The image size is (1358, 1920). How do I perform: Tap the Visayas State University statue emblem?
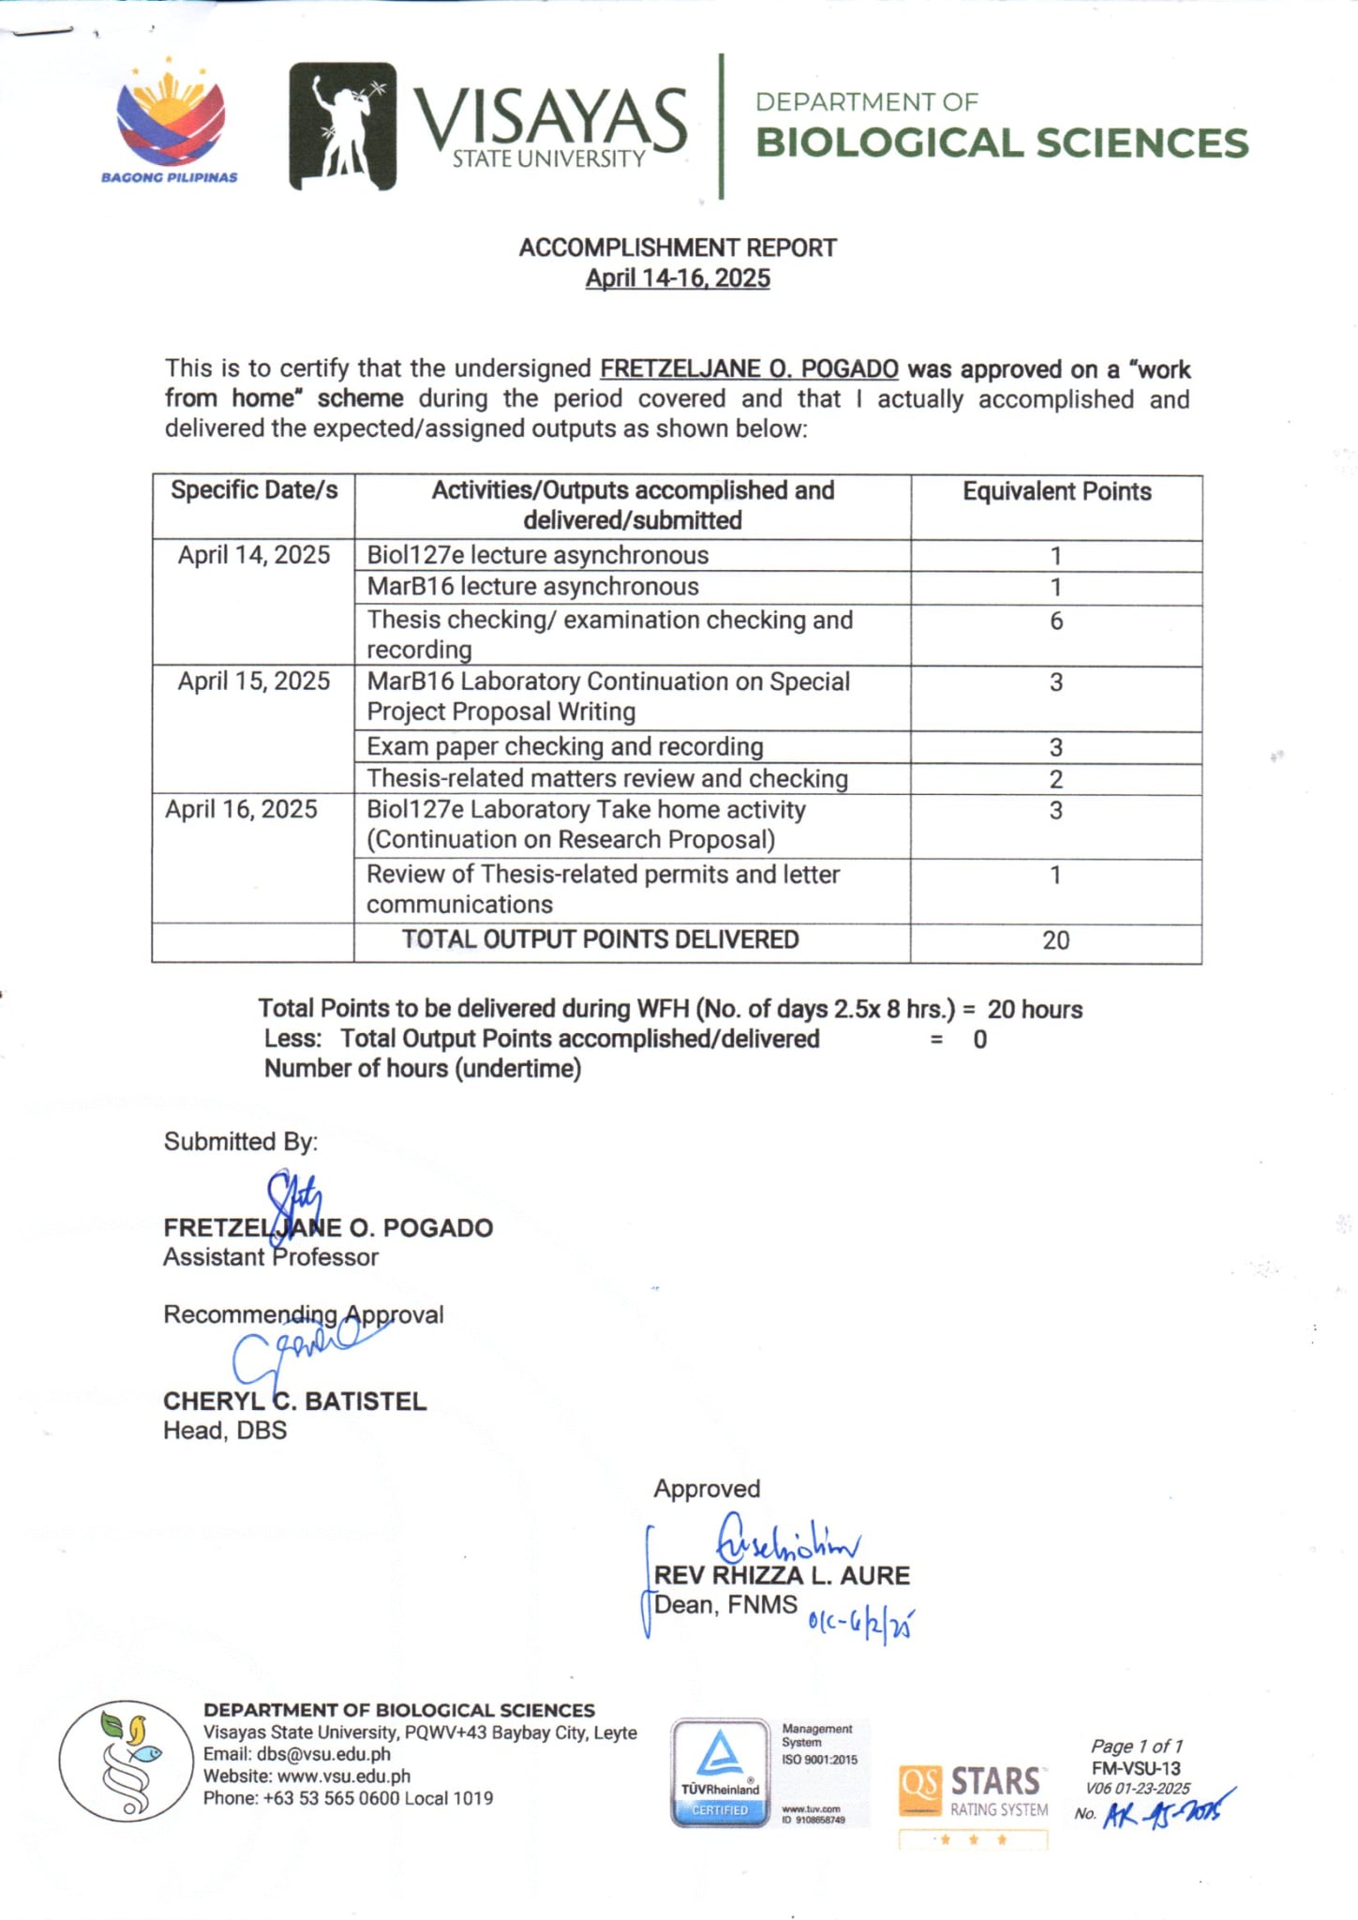coord(342,126)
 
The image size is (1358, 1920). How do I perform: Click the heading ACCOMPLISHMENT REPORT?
coord(678,247)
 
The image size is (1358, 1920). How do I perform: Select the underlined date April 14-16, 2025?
coord(678,278)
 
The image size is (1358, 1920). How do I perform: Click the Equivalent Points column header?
coord(1056,492)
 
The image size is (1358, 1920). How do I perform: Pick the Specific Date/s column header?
coord(254,490)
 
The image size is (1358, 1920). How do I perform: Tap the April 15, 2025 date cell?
coord(254,682)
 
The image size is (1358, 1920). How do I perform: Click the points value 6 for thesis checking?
coord(1056,621)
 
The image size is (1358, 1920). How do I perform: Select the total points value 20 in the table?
coord(1055,940)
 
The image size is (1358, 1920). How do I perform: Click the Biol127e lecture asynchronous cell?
coord(538,555)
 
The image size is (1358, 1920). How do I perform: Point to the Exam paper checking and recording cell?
coord(565,746)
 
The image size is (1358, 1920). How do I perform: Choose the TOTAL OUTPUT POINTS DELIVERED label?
coord(601,939)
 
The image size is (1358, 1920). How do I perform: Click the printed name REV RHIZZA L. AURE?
coord(782,1575)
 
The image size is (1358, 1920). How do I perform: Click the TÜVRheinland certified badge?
coord(720,1772)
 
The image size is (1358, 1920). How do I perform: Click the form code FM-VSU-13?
coord(1136,1768)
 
